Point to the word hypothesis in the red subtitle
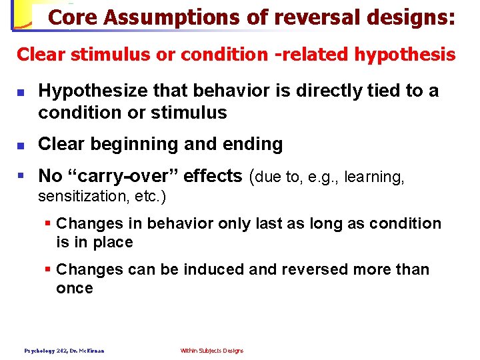(x=405, y=54)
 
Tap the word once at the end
(x=75, y=289)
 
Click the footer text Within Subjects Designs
(x=211, y=351)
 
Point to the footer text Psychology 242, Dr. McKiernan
(x=64, y=351)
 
